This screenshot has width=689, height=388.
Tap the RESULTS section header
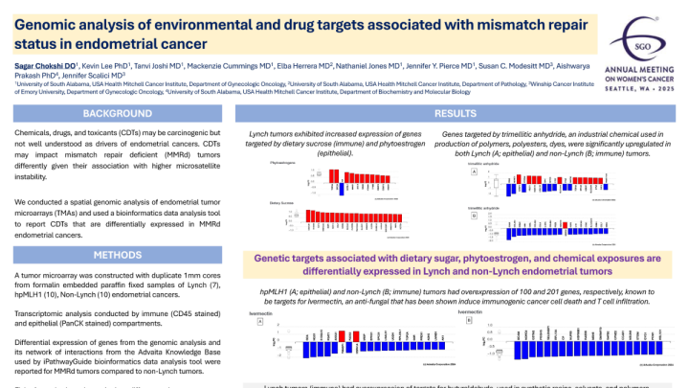(x=456, y=113)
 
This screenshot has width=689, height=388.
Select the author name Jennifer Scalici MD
(x=93, y=74)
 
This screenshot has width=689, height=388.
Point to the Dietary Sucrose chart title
(x=281, y=203)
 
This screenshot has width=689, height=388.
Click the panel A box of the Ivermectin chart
(x=259, y=323)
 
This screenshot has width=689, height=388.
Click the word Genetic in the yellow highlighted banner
(x=281, y=259)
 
